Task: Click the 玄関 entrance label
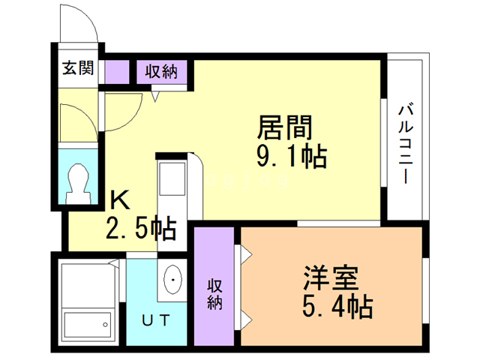tap(77, 69)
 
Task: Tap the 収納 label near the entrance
tap(160, 72)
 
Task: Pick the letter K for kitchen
tap(120, 200)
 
